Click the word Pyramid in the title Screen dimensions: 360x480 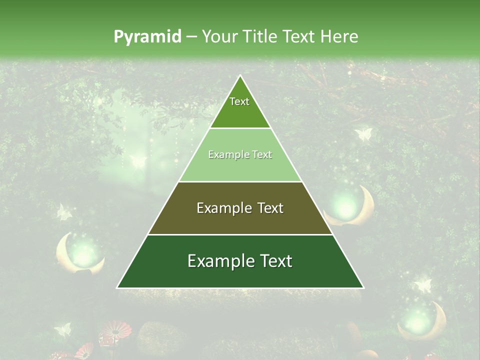tap(147, 37)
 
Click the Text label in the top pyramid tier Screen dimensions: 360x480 tap(239, 102)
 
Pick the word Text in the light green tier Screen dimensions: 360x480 tap(262, 155)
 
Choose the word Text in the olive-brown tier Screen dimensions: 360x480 tap(270, 208)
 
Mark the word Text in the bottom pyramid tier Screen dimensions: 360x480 tap(275, 261)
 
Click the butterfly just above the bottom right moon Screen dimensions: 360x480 tap(423, 285)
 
